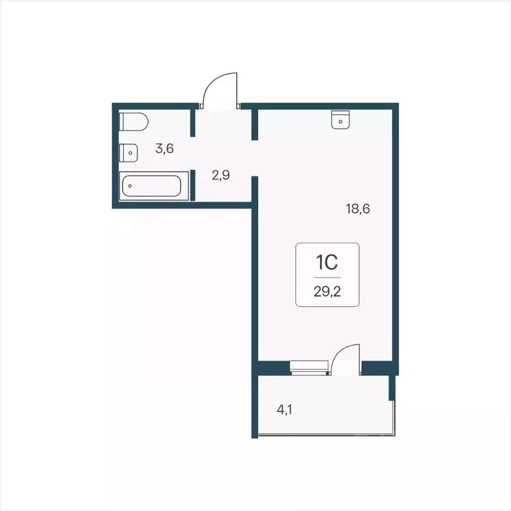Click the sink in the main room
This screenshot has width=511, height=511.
340,119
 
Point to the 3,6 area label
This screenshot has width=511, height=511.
164,148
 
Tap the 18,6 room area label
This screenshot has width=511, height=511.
357,208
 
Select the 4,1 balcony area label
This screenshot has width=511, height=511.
285,409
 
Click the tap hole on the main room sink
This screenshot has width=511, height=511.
340,121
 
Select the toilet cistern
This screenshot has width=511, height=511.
124,123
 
